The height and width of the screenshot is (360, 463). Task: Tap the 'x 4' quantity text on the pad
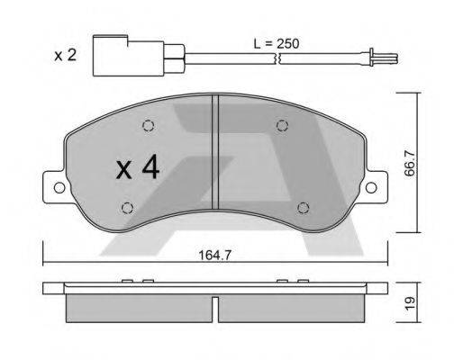point(138,167)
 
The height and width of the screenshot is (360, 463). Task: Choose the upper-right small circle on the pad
point(282,125)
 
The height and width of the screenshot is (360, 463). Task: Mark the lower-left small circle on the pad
point(126,209)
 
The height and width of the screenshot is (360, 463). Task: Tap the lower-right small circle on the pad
point(304,208)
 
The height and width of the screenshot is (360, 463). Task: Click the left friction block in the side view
point(140,308)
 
